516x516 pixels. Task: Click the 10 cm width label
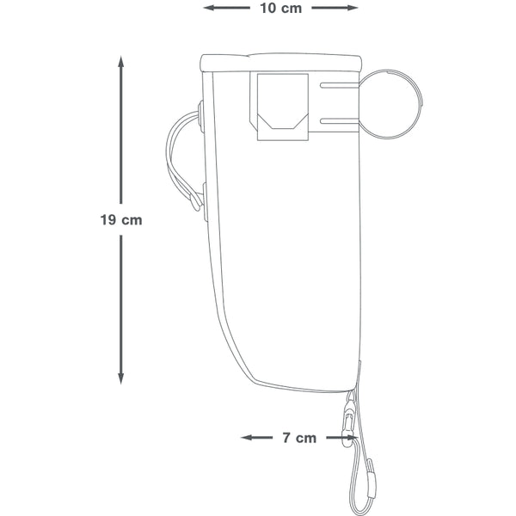click(x=280, y=9)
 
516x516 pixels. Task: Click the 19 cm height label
click(x=121, y=220)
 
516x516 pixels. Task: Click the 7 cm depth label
click(x=299, y=438)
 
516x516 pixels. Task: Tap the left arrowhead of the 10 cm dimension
click(x=209, y=8)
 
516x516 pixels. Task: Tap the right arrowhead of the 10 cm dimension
click(x=353, y=8)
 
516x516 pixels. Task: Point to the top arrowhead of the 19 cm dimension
click(x=121, y=62)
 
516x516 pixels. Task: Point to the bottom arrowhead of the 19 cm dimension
click(x=121, y=378)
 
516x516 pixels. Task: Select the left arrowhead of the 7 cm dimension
click(x=247, y=438)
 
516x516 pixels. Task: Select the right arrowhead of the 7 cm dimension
click(x=353, y=438)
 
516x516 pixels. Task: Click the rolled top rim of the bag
click(x=280, y=62)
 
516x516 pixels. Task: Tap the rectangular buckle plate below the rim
click(x=283, y=107)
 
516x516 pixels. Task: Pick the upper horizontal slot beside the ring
click(x=340, y=85)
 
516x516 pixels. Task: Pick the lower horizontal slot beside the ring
click(x=340, y=121)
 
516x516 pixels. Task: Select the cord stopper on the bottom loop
click(x=371, y=477)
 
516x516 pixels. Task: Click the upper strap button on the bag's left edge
click(x=200, y=117)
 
